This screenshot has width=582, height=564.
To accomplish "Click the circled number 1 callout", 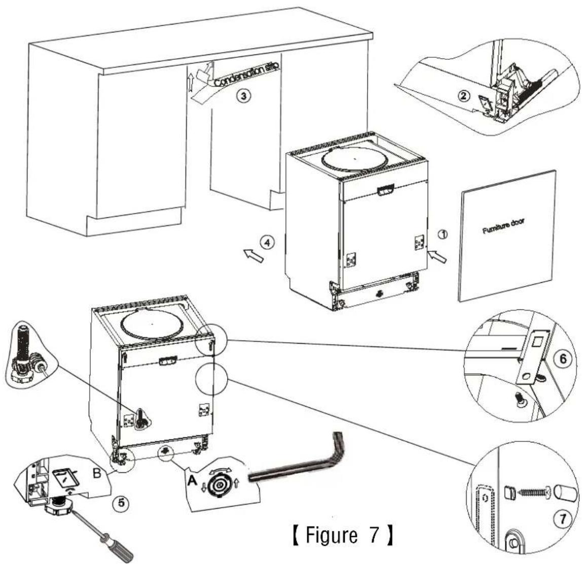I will pos(442,234).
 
